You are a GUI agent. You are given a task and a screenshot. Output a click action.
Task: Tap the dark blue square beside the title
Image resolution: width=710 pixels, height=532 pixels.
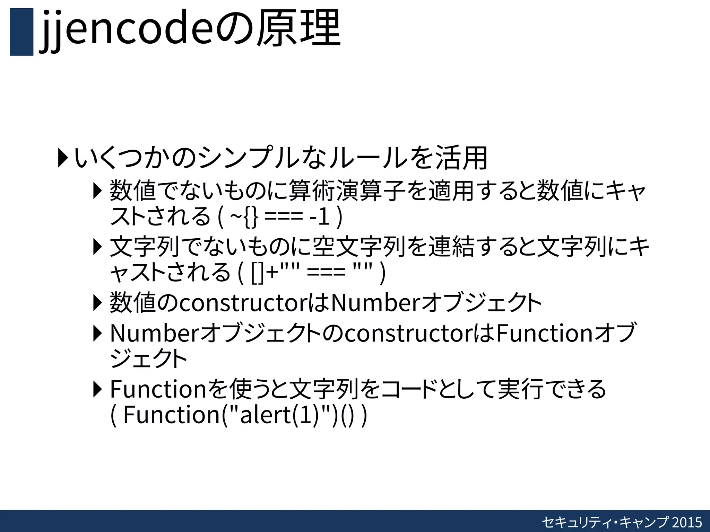coord(21,32)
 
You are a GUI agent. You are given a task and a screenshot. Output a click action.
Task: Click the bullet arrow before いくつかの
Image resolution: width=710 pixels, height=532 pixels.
coord(63,158)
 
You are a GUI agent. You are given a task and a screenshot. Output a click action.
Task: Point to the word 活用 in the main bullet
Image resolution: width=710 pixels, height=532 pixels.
coord(461,158)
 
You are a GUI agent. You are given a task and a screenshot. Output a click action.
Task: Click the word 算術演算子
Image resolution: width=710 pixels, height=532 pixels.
coord(347,191)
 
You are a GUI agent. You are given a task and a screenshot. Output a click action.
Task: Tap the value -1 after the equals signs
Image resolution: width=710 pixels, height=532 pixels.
coord(319,217)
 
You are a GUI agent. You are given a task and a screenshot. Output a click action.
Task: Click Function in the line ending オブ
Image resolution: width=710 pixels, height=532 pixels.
coord(545,333)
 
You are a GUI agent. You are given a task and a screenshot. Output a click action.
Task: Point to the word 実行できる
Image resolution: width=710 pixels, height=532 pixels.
coord(552,389)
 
